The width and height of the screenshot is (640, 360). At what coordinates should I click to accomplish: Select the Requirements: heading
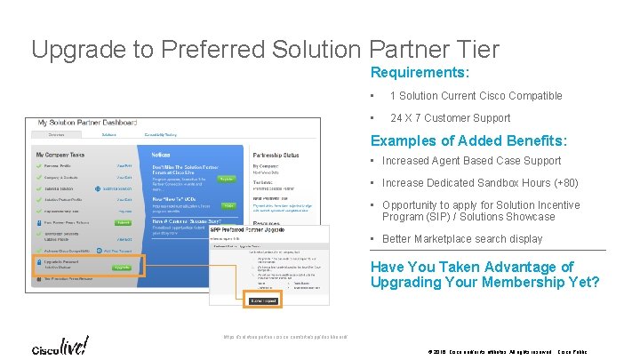coord(420,72)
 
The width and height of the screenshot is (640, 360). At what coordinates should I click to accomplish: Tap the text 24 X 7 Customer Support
coord(450,118)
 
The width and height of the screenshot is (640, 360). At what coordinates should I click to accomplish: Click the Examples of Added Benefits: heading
coord(468,140)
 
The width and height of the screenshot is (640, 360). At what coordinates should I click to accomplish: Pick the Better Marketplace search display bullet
coord(462,238)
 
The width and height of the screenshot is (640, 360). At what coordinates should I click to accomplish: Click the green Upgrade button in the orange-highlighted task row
coord(123,267)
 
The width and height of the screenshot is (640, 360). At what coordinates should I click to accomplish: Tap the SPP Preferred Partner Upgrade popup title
coord(252,229)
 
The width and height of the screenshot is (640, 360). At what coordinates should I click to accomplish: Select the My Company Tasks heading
coord(63,155)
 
